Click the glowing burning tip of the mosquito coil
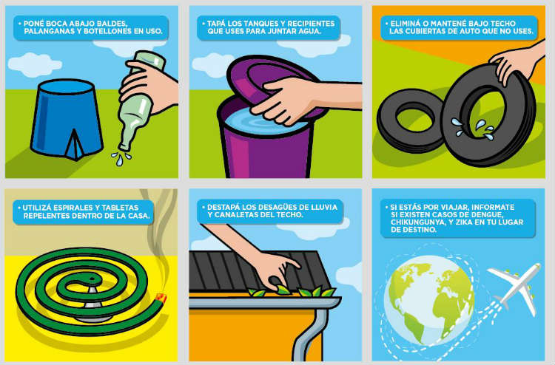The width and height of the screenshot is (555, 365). point(162,299)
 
